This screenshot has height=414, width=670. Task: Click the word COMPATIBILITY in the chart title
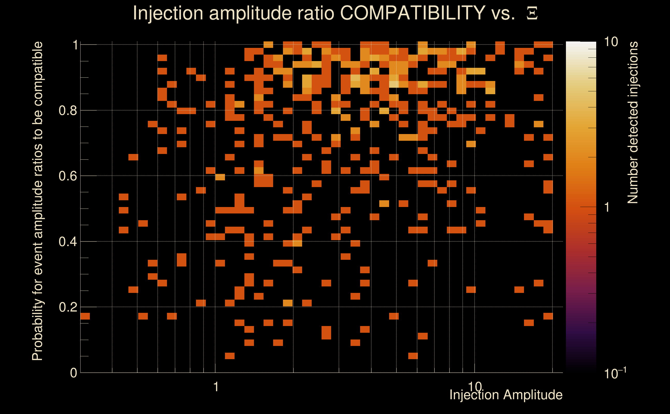[x=412, y=13]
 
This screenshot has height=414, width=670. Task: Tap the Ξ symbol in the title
[x=532, y=13]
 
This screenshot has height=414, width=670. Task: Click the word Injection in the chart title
[x=168, y=13]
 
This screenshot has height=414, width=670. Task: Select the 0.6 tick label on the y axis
[x=68, y=176]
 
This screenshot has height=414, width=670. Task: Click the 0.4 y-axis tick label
[x=68, y=241]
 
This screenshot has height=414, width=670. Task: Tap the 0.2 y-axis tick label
[x=68, y=307]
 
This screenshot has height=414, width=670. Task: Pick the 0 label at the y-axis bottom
[x=74, y=373]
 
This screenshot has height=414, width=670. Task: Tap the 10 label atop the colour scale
[x=611, y=42]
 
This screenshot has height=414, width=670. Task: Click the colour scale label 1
[x=607, y=207]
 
